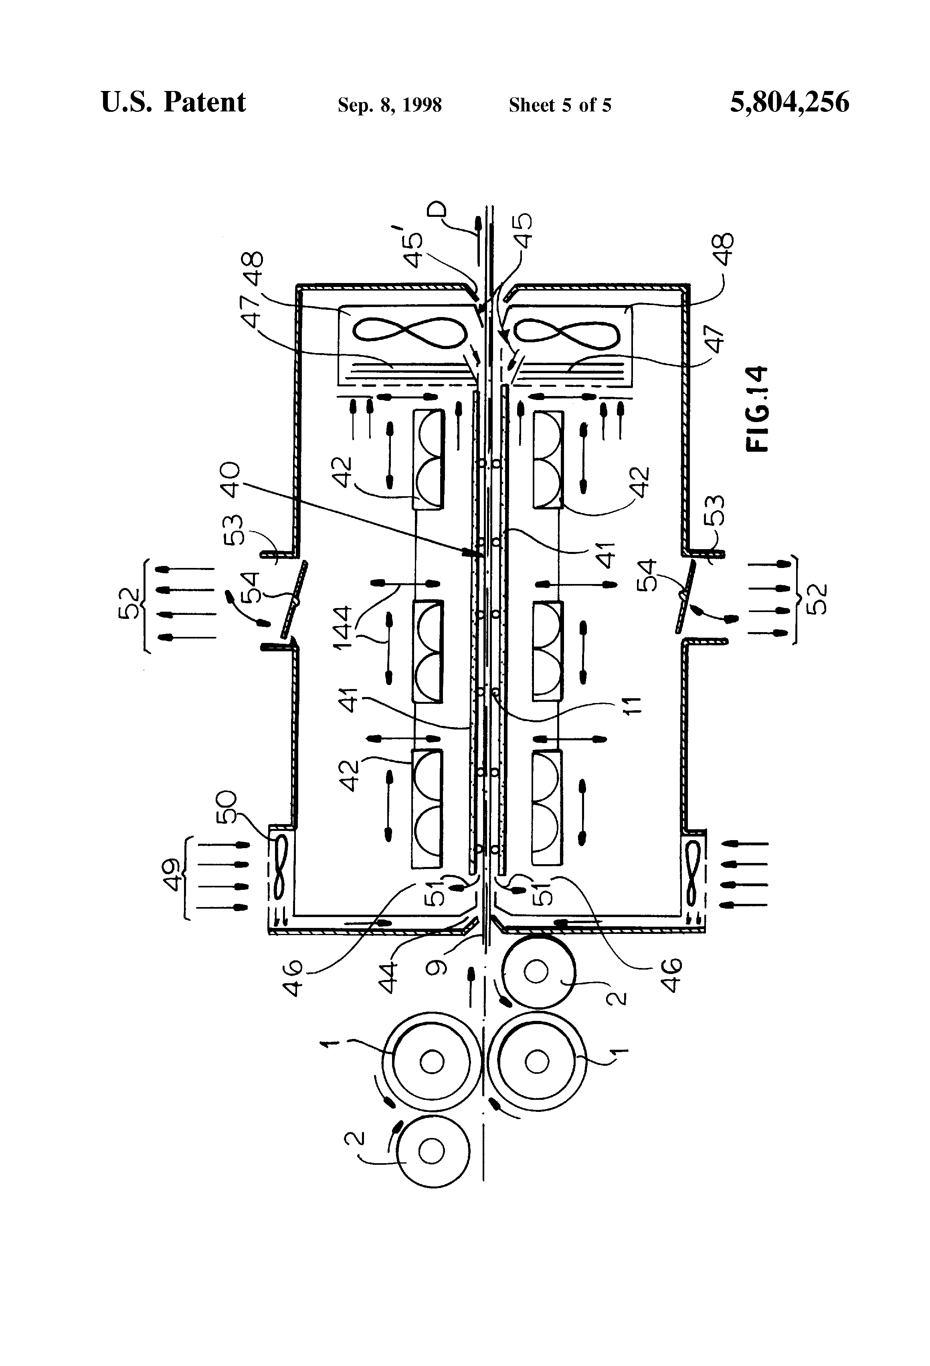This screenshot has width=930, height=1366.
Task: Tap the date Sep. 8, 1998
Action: click(389, 105)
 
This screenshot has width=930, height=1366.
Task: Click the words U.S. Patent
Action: click(174, 102)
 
